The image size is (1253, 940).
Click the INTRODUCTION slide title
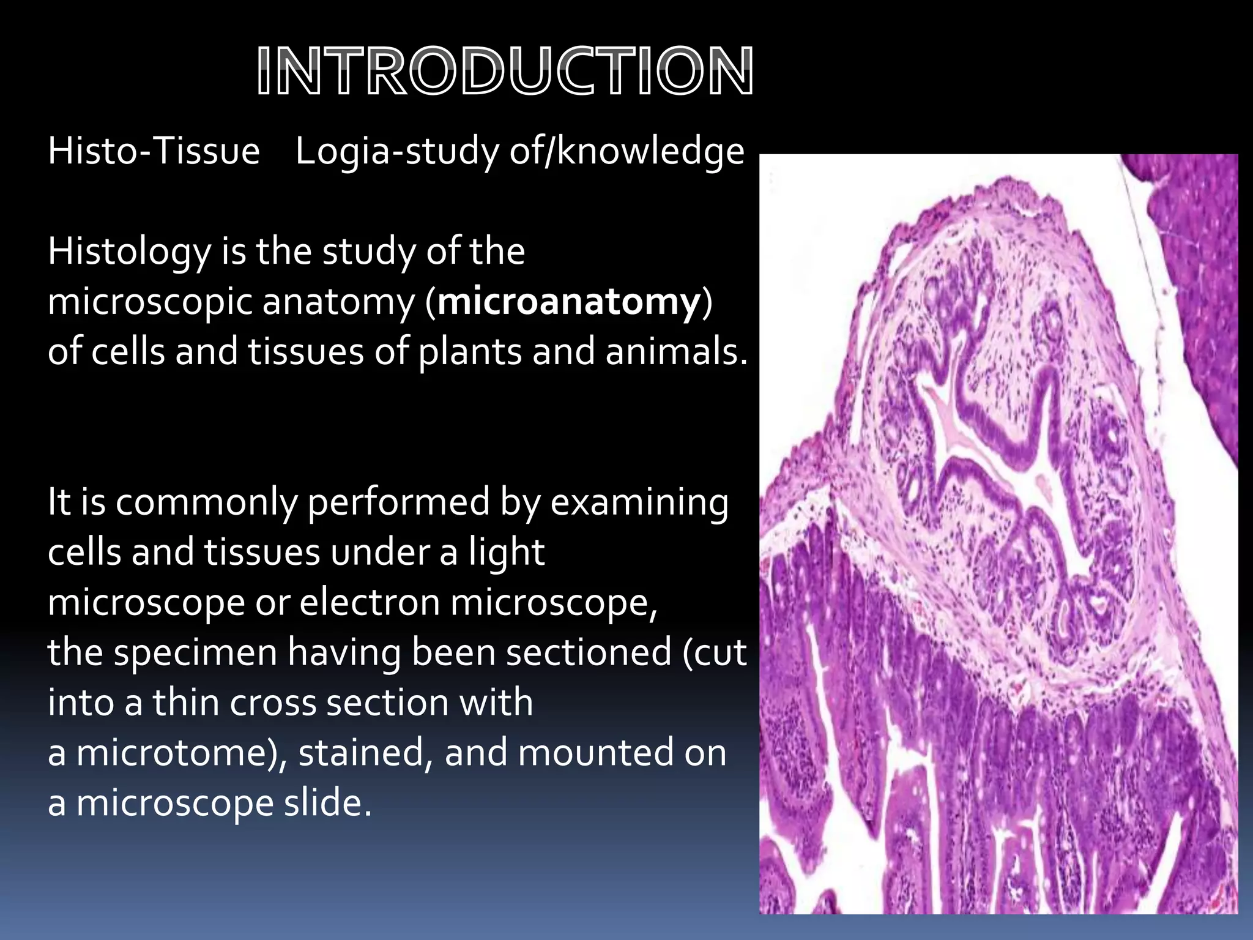click(x=505, y=72)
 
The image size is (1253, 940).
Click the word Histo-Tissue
click(x=154, y=151)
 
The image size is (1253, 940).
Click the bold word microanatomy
click(x=569, y=302)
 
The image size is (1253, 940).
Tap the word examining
click(x=639, y=502)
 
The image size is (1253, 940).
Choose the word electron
click(x=370, y=603)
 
